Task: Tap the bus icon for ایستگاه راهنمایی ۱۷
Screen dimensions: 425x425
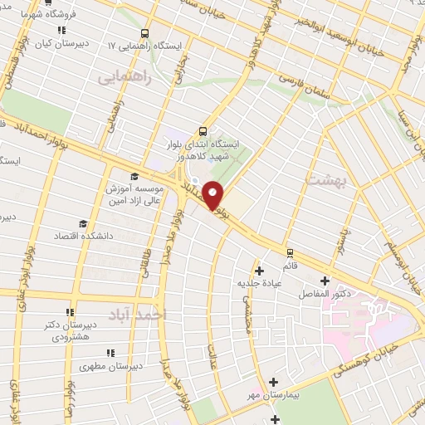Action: pyautogui.click(x=145, y=34)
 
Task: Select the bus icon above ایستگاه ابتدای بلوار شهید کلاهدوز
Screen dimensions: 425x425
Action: pyautogui.click(x=203, y=130)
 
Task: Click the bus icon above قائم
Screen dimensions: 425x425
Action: pyautogui.click(x=290, y=252)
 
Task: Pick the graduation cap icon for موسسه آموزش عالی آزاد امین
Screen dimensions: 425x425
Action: pyautogui.click(x=134, y=176)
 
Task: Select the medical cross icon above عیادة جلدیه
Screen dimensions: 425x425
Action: pyautogui.click(x=260, y=271)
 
